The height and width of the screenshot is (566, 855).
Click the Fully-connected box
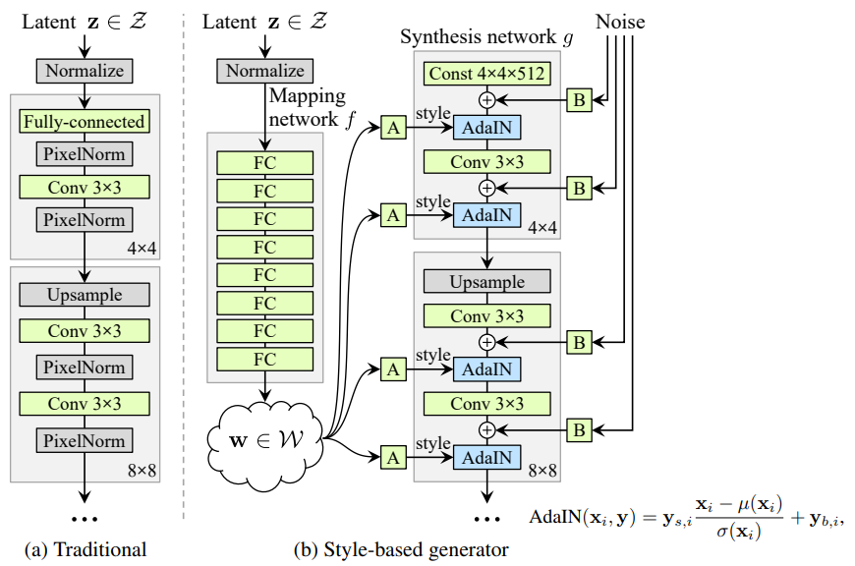pos(85,122)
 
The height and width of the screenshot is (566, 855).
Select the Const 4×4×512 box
pos(486,73)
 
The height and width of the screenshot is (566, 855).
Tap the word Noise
pos(622,21)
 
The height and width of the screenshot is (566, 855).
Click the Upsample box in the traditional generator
pos(85,295)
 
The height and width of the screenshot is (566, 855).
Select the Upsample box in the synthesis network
pos(486,282)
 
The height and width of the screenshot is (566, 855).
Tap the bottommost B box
pos(580,428)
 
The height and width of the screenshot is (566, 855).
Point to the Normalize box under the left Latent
pos(85,71)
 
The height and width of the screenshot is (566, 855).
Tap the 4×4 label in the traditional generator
pos(141,249)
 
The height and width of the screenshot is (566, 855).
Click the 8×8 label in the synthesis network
pos(541,471)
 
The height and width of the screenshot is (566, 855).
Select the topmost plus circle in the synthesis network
pos(486,99)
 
